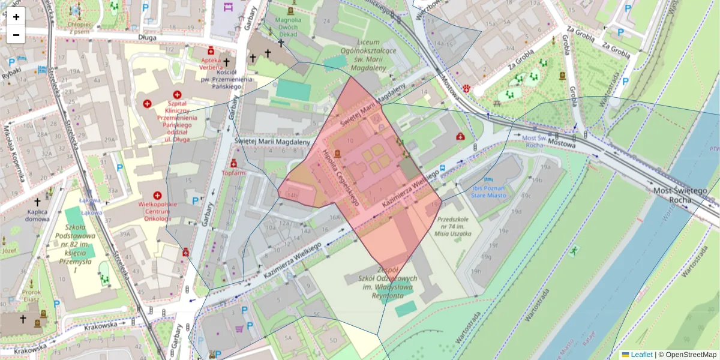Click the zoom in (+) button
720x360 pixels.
(x=16, y=17)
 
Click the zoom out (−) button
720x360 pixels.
(x=16, y=35)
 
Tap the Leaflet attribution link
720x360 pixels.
(x=641, y=355)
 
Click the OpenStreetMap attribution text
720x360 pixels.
(x=687, y=355)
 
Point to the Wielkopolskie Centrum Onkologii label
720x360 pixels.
(x=157, y=212)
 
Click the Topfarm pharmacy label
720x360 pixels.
(x=235, y=173)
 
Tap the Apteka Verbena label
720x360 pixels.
(x=211, y=63)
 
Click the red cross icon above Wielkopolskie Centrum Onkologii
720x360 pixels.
(x=157, y=196)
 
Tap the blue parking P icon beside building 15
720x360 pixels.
(x=194, y=200)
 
